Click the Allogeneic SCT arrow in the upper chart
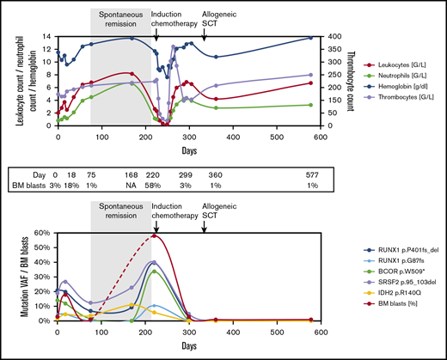[204, 31]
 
